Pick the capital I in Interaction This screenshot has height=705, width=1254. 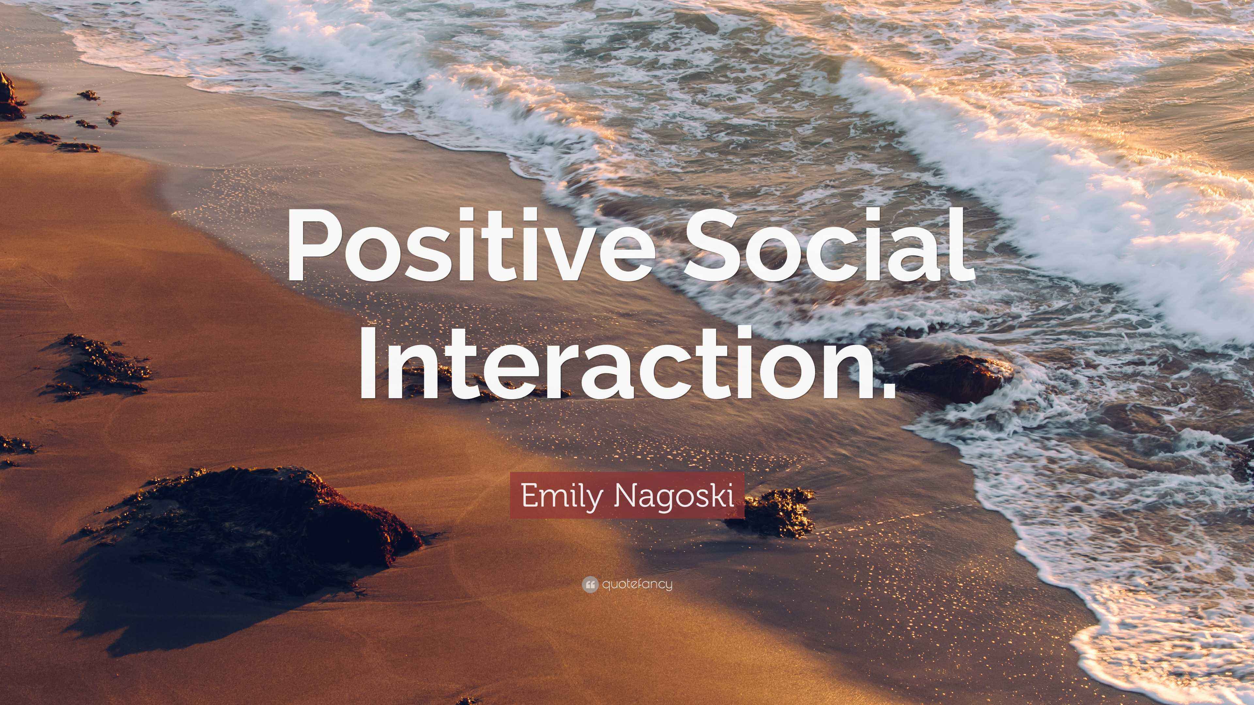pyautogui.click(x=368, y=365)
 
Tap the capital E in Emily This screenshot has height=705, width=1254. pyautogui.click(x=529, y=495)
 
